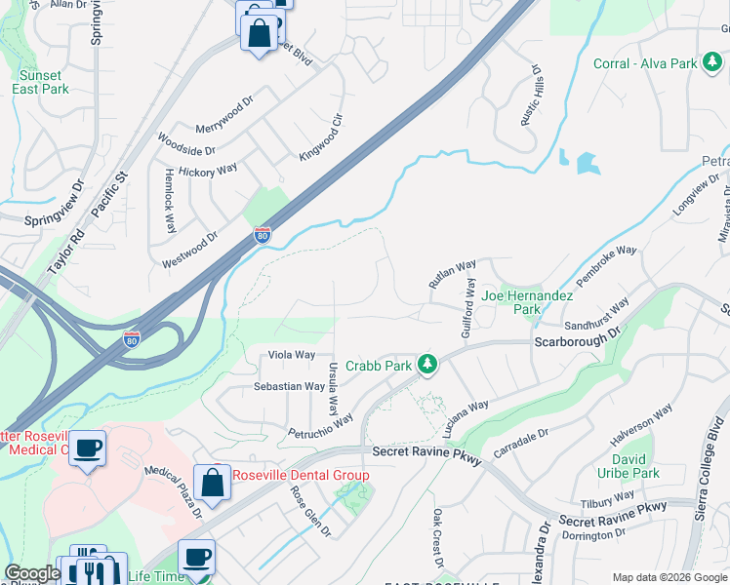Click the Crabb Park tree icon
(426, 365)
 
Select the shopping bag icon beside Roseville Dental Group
(212, 482)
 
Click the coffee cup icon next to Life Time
(195, 558)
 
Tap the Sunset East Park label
(40, 82)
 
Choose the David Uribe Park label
(635, 466)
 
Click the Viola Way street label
(292, 356)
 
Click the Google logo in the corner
(31, 574)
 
